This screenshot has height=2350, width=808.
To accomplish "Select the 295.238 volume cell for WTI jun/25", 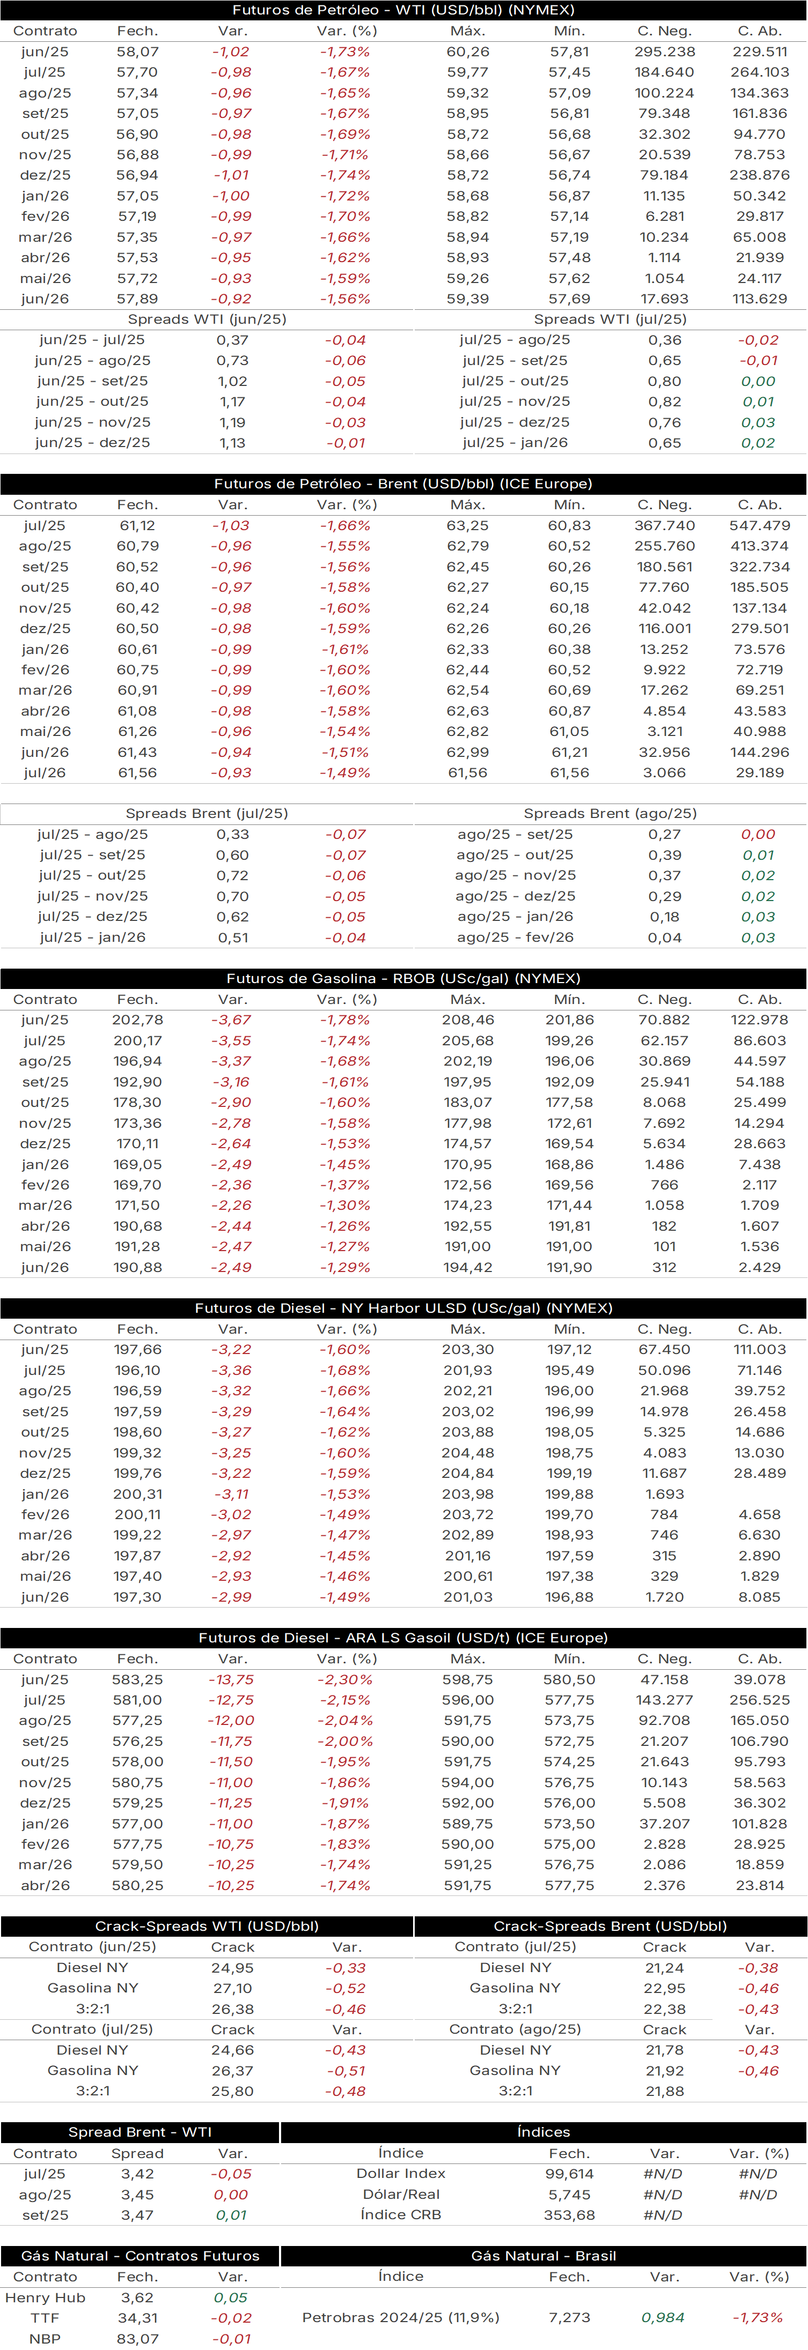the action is [x=665, y=52].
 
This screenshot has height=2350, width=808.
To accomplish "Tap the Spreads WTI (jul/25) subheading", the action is [x=610, y=319].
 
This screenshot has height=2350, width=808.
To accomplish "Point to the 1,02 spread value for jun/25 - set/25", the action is [x=232, y=381].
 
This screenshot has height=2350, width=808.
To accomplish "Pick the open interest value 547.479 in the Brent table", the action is [x=760, y=525].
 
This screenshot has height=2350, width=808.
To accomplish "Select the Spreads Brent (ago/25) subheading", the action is [x=610, y=814].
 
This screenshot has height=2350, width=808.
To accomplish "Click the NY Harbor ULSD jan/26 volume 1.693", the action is [x=665, y=1494].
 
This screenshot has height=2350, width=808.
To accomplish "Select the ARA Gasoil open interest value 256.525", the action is [x=760, y=1700].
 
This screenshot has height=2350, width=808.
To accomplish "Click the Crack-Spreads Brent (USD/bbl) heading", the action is [x=610, y=1926].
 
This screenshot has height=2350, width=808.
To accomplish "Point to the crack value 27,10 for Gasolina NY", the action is [x=232, y=1988].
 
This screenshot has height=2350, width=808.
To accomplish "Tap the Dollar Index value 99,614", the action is [x=570, y=2174].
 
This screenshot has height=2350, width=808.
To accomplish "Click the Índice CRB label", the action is [x=401, y=2215].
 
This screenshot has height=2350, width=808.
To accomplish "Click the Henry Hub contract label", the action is [x=45, y=2298].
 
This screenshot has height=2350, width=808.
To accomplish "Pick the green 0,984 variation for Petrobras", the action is [x=664, y=2317].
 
